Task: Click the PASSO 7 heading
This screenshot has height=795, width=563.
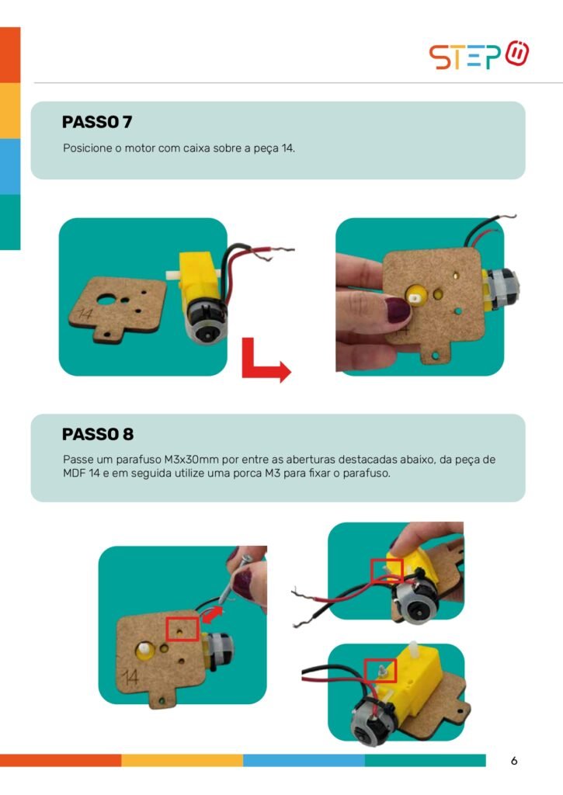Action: (97, 122)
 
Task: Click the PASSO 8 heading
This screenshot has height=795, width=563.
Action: (98, 435)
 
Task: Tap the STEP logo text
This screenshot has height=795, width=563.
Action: (464, 57)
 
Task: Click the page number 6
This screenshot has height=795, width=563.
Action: (514, 761)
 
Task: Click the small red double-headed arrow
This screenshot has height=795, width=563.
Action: (212, 615)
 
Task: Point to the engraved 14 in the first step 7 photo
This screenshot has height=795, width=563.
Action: (85, 314)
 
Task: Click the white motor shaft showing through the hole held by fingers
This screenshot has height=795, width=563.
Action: (415, 298)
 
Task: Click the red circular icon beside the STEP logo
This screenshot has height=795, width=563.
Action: (517, 53)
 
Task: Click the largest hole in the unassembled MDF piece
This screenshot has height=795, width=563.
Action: (106, 300)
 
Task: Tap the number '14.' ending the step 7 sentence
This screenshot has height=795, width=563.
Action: (288, 148)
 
